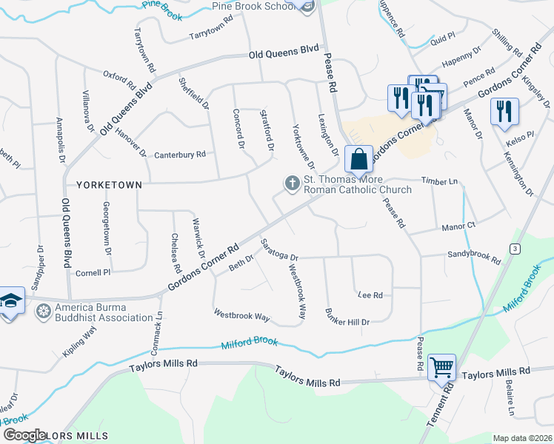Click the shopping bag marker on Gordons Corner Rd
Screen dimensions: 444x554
tap(358, 158)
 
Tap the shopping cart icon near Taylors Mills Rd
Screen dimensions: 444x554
tap(441, 366)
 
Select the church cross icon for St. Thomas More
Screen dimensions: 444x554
tap(293, 183)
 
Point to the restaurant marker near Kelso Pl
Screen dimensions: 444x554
tap(504, 111)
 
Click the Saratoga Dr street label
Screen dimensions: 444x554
tap(279, 250)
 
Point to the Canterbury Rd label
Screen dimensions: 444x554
tap(180, 155)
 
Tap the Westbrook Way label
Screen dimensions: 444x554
tap(241, 315)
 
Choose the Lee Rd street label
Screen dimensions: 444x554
tap(370, 295)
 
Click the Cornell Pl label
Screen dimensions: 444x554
tap(93, 272)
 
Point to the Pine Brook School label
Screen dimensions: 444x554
tap(253, 6)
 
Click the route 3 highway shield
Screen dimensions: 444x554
tap(514, 249)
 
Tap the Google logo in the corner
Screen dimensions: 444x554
tap(25, 435)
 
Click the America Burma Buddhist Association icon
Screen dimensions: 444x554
tap(44, 312)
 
